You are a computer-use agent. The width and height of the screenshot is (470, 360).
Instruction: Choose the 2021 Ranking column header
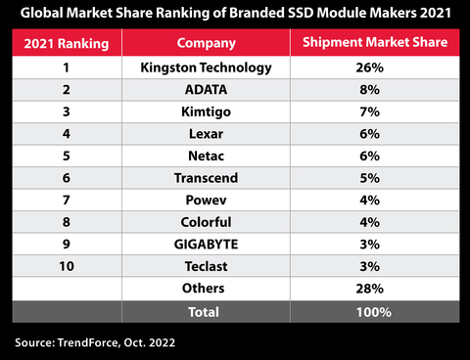point(66,44)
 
